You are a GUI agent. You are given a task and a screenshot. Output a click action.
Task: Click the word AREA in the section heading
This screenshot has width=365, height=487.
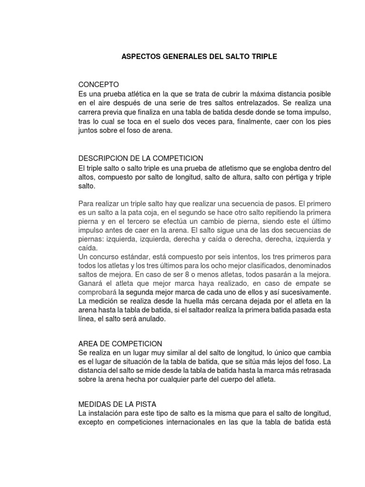pyautogui.click(x=89, y=343)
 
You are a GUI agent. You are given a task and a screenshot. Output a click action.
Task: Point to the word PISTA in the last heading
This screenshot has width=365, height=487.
pyautogui.click(x=139, y=404)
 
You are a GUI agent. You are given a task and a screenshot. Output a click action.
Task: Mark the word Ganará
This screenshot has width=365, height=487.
pyautogui.click(x=91, y=284)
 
